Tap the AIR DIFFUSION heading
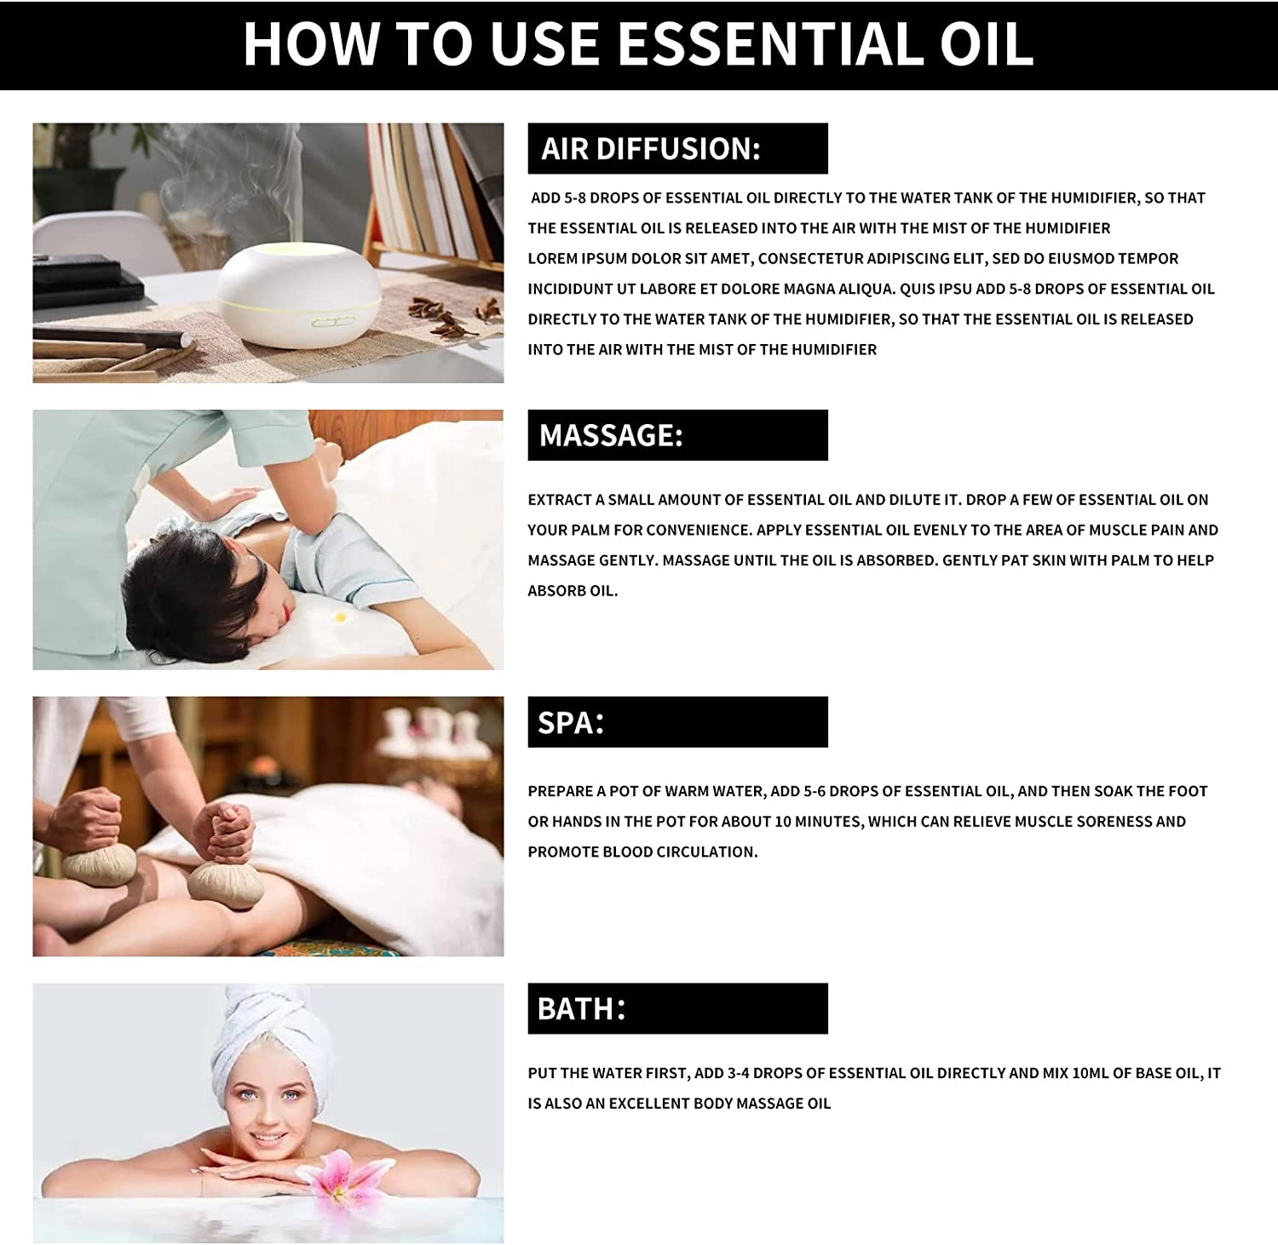(x=651, y=149)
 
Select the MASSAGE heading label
(x=611, y=436)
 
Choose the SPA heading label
(x=571, y=723)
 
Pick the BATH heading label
(x=581, y=1009)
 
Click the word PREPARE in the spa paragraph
(x=560, y=792)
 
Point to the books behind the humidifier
(x=426, y=187)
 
